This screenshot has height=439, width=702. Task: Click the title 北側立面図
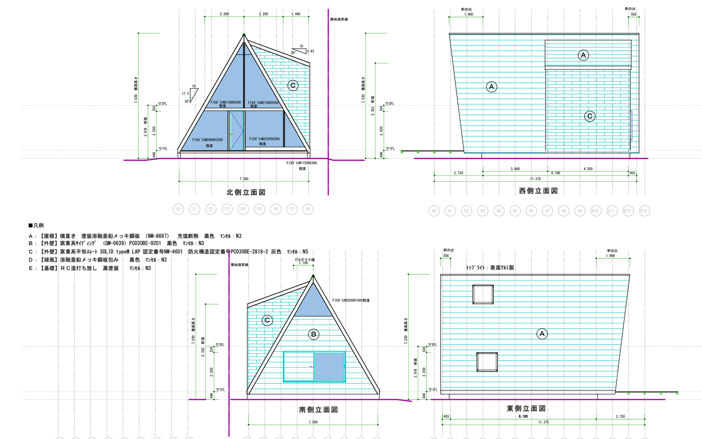[246, 192]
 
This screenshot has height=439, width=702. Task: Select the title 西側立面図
[538, 191]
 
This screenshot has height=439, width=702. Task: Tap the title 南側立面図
[318, 410]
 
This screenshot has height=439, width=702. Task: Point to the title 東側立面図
[526, 409]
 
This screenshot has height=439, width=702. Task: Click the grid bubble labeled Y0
[178, 209]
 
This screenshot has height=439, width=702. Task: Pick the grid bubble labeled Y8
[307, 209]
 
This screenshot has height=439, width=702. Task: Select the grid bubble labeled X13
[643, 211]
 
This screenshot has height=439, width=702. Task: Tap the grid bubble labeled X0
[434, 211]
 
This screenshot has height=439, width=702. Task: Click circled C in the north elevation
[292, 86]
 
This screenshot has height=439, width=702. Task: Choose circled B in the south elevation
[313, 334]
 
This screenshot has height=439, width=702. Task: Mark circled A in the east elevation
[542, 333]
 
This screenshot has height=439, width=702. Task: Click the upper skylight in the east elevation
[483, 295]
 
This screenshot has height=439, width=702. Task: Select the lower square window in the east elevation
[487, 362]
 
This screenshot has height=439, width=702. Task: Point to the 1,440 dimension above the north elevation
[295, 14]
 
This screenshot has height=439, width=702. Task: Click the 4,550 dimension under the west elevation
[588, 169]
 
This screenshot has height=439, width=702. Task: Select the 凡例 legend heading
[36, 225]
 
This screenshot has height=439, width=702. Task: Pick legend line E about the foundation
[90, 268]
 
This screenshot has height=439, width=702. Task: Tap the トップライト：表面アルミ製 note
[490, 267]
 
